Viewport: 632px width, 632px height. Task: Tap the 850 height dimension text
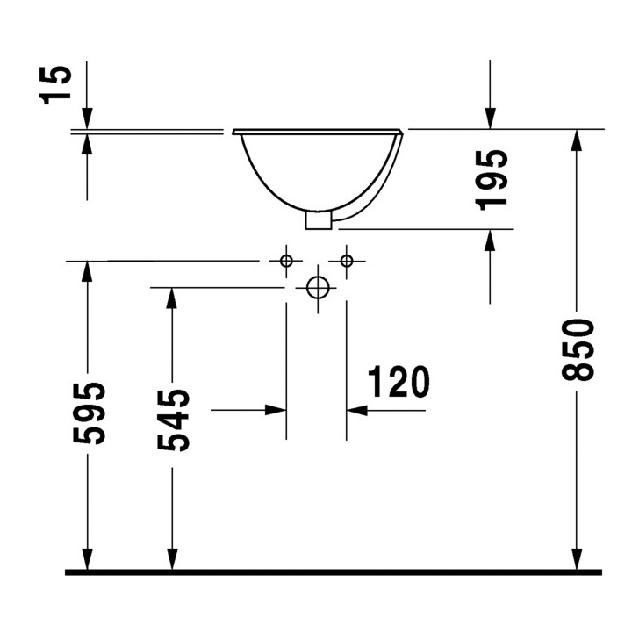coord(579,351)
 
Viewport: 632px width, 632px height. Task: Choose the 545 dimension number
coord(174,420)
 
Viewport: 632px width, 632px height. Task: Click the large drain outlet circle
coord(317,287)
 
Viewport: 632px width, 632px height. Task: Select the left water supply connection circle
coord(286,261)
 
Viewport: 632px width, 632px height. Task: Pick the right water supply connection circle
coord(347,261)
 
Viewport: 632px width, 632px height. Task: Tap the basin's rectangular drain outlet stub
coord(318,219)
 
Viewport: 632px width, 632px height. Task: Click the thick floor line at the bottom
coord(334,572)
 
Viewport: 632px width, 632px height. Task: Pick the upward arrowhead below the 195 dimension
coord(490,241)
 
